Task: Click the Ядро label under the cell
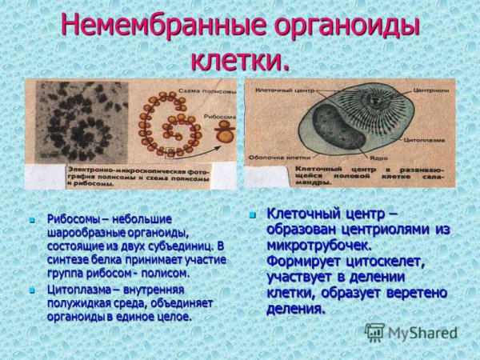click(x=391, y=158)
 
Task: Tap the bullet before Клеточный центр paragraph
click(x=253, y=214)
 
